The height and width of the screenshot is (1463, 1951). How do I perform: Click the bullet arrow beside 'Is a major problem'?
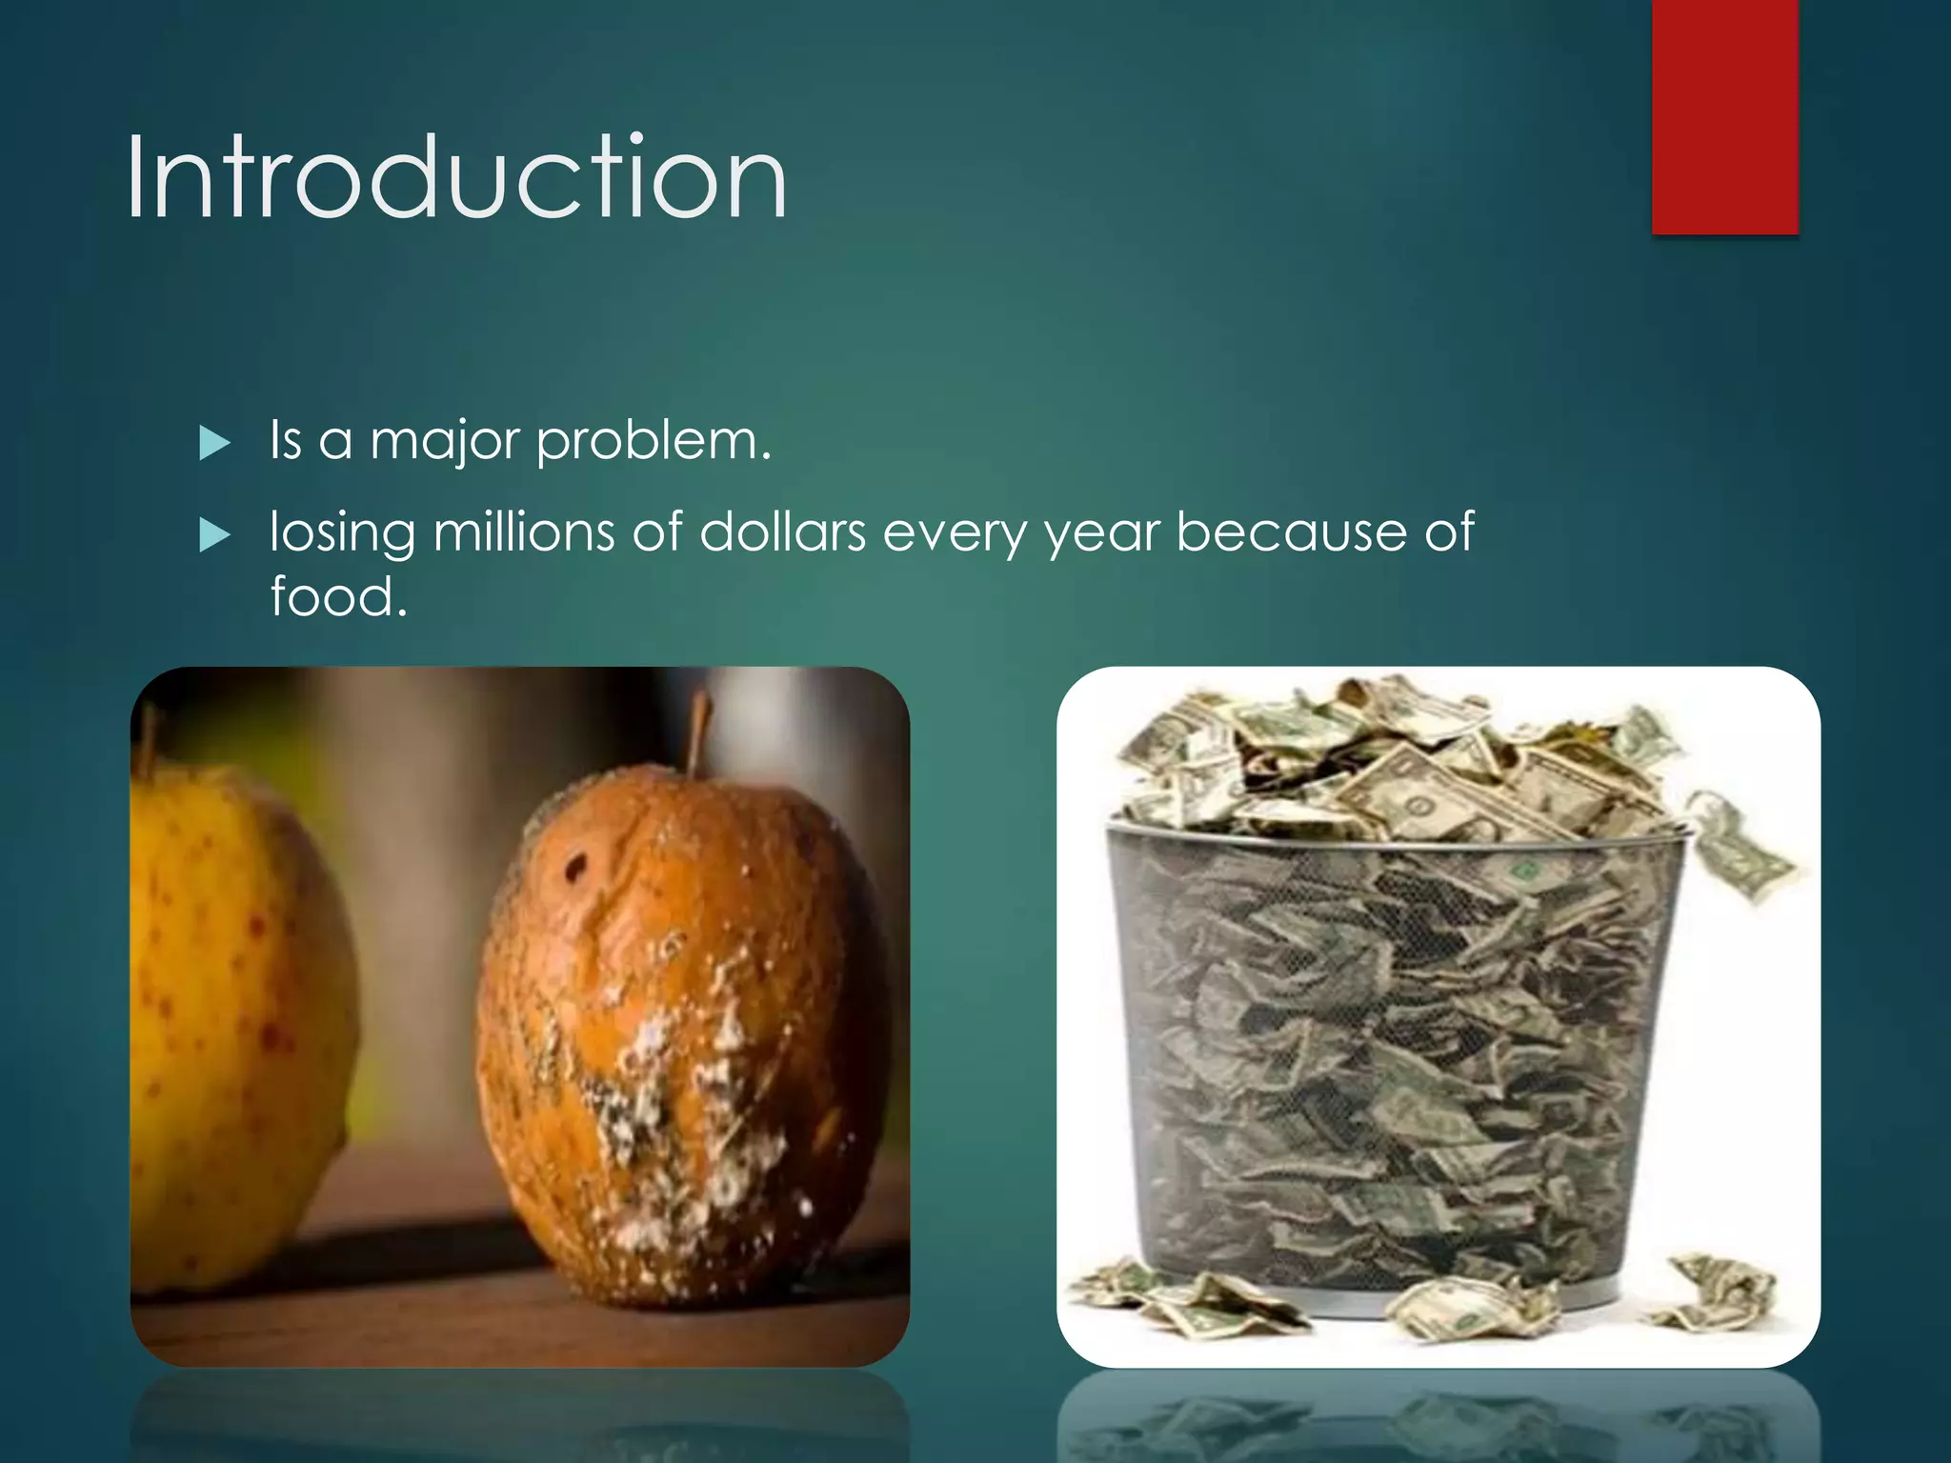(x=215, y=443)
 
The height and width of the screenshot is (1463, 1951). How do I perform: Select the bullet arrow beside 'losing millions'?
(x=215, y=535)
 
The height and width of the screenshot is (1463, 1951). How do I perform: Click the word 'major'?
(x=445, y=442)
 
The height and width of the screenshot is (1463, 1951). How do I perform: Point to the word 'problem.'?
(x=654, y=442)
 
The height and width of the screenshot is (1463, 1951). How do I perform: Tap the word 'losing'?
(x=342, y=532)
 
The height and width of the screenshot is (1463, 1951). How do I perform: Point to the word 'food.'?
(x=338, y=597)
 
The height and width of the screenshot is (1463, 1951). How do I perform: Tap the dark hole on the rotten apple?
(x=576, y=867)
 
